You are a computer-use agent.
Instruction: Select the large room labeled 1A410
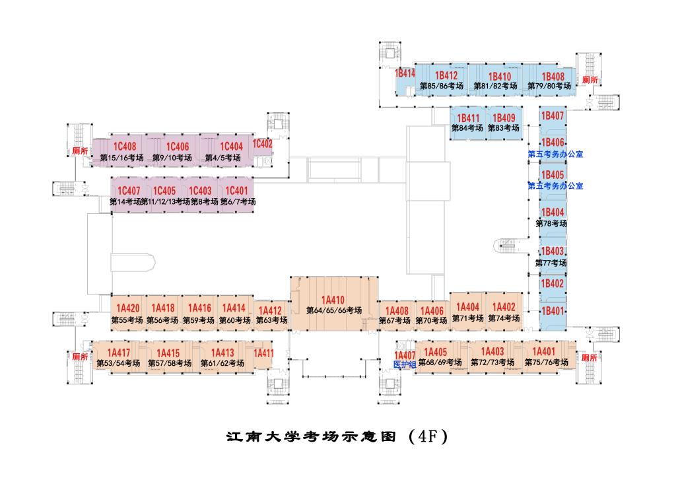333,300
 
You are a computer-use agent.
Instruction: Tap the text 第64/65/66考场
333,310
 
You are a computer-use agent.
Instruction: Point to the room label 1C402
262,143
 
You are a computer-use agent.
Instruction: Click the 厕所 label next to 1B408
590,80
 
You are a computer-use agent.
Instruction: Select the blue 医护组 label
404,364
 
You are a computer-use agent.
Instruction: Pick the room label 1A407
405,355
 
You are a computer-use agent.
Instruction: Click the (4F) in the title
427,437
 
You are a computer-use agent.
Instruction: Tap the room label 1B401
553,311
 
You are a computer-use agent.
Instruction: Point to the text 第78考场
551,223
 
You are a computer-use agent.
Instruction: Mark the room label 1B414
405,74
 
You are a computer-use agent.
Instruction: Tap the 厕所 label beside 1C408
80,151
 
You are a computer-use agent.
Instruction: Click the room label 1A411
263,353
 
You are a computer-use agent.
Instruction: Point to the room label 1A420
127,308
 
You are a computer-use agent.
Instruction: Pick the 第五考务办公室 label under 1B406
555,154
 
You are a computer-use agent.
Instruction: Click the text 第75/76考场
546,362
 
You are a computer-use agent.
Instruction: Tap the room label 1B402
553,283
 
